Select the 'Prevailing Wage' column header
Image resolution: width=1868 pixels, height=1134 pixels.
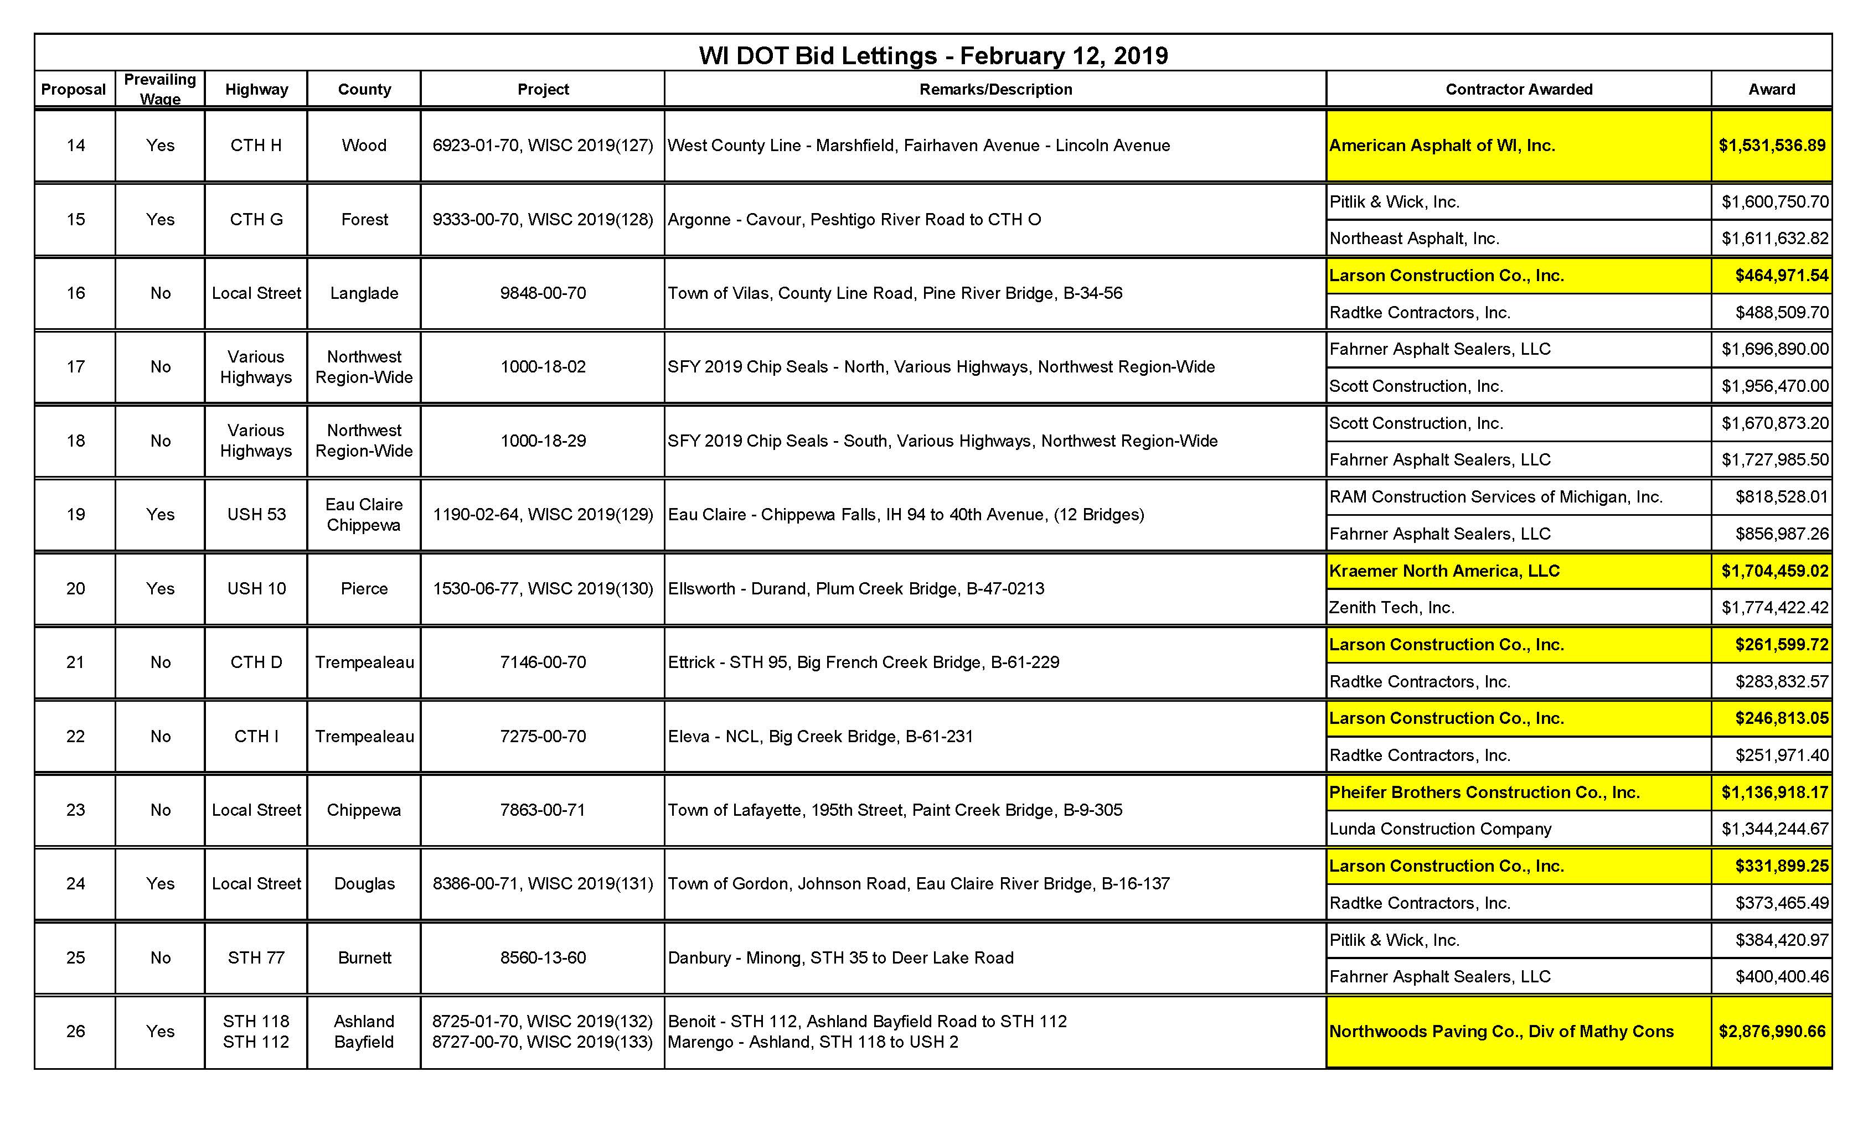click(x=160, y=89)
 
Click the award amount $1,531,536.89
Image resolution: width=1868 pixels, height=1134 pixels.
click(x=1772, y=146)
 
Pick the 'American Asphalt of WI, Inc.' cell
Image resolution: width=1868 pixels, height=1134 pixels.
click(x=1442, y=146)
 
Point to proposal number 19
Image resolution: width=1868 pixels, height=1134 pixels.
click(x=75, y=515)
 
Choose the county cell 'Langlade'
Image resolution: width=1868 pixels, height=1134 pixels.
click(x=364, y=293)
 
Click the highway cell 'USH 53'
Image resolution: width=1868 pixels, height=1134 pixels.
click(x=256, y=515)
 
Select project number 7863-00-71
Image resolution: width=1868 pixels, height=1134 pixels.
click(x=543, y=810)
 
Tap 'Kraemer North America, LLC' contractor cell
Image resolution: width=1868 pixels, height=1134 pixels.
click(x=1444, y=571)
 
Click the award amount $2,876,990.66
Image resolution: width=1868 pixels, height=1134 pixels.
click(x=1772, y=1032)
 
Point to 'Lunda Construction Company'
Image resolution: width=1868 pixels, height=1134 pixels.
click(x=1441, y=829)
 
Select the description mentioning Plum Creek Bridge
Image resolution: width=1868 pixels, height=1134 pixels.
click(x=856, y=589)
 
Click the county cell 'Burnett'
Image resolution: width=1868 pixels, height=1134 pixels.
click(x=364, y=958)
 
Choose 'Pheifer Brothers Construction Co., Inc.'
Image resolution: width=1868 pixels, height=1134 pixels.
click(x=1484, y=792)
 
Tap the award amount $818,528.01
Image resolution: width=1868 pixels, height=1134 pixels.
click(x=1782, y=497)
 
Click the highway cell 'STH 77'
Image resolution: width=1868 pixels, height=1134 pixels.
click(x=256, y=958)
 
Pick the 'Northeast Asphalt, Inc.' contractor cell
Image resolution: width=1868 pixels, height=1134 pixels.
click(x=1414, y=239)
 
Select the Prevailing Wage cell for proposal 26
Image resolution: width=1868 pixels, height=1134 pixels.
click(x=160, y=1032)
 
